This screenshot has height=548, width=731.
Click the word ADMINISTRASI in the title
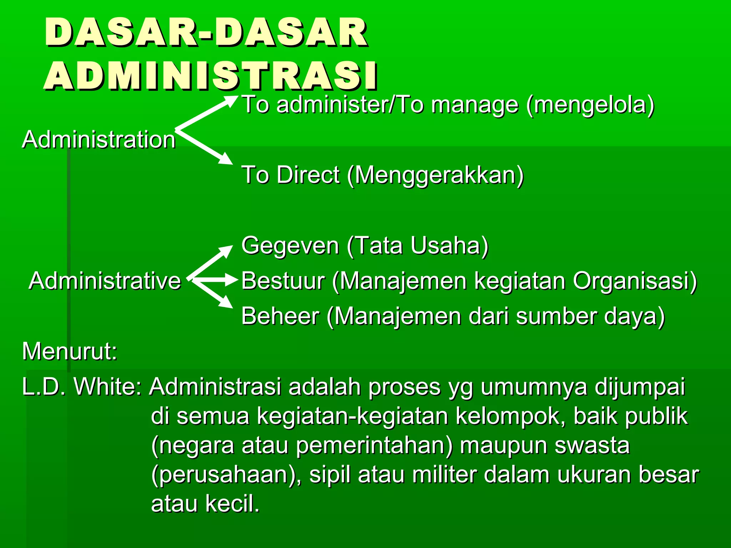point(211,76)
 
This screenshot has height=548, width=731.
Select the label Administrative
point(105,280)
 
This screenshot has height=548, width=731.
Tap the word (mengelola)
point(591,105)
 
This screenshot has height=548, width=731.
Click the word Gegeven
point(290,245)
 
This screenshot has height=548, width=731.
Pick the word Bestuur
point(283,280)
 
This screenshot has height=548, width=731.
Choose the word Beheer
point(280,316)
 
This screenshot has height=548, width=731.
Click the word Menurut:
point(70,351)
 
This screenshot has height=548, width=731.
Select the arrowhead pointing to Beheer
point(226,303)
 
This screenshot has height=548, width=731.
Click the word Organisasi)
point(635,280)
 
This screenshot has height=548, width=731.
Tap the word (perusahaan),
point(227,475)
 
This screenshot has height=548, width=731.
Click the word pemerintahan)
point(374,446)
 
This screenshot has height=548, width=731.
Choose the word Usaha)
point(449,245)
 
